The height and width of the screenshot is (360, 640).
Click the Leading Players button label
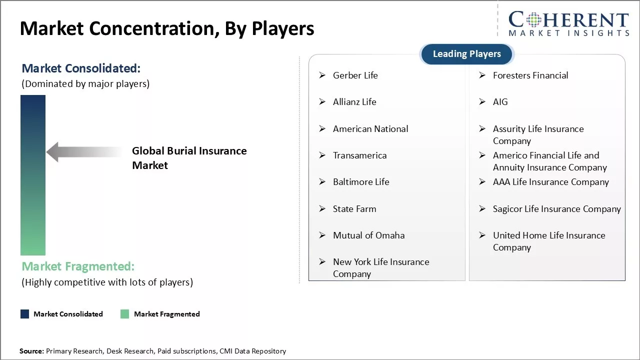tap(466, 54)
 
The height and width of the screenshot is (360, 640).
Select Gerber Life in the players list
tap(355, 75)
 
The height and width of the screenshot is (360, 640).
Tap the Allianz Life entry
tap(354, 102)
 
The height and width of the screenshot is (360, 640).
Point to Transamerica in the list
tap(359, 155)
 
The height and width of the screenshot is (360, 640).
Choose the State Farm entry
tap(354, 209)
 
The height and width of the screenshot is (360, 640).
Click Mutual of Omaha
tap(368, 235)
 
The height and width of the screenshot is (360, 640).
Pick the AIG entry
tap(500, 102)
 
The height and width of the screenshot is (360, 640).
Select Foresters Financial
tap(530, 75)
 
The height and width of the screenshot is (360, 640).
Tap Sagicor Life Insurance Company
tap(556, 209)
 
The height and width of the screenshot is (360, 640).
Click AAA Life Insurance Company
tap(550, 182)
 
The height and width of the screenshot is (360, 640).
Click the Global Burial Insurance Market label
tap(189, 158)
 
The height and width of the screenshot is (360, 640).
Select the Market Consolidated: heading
tap(81, 68)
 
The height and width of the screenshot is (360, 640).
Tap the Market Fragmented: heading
tap(78, 266)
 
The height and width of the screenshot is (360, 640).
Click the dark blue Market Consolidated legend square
tap(24, 314)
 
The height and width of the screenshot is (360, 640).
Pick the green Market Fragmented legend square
tap(125, 314)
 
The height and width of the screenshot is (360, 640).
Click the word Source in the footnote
tap(31, 351)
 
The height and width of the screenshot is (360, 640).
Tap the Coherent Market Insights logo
tap(568, 23)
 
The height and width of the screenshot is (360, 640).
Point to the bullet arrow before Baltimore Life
tap(322, 182)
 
